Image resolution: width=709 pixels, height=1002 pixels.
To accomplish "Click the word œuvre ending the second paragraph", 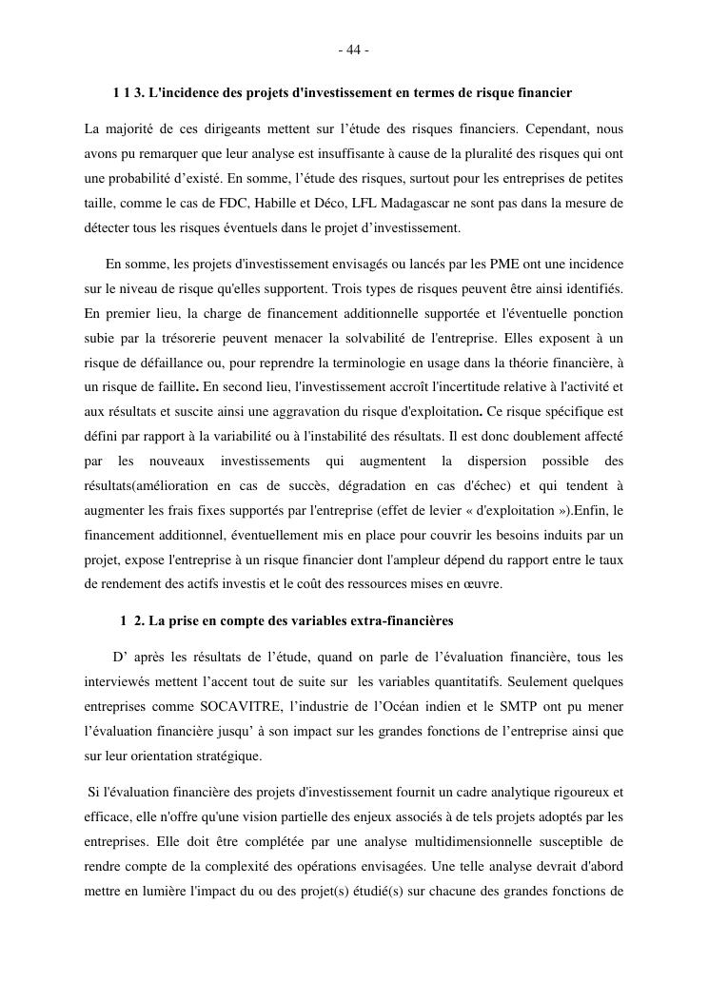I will tap(483, 584).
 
